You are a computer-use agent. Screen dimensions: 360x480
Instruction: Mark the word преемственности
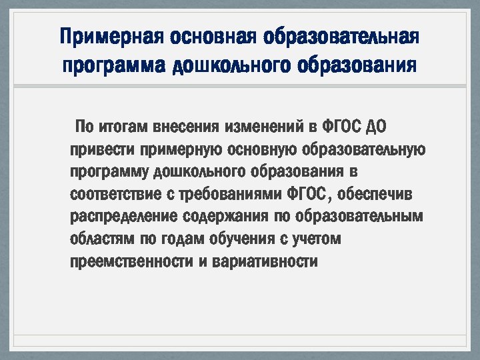(131, 261)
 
